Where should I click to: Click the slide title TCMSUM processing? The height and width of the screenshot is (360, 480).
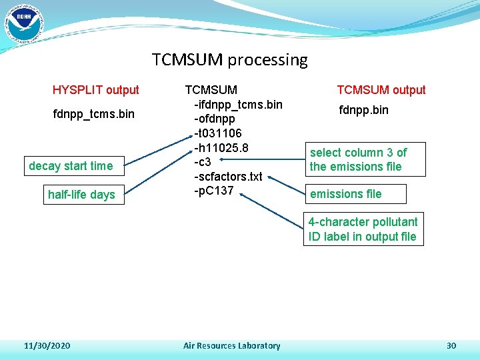pyautogui.click(x=229, y=60)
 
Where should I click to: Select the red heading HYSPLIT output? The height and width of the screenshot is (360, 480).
pyautogui.click(x=96, y=90)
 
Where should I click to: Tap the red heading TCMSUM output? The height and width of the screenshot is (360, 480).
pyautogui.click(x=381, y=90)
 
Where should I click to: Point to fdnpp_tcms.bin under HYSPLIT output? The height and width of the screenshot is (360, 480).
pyautogui.click(x=93, y=115)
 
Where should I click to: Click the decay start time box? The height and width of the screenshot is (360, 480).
pyautogui.click(x=71, y=166)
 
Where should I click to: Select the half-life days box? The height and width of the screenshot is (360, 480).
pyautogui.click(x=82, y=195)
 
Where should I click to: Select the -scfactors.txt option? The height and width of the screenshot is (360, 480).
pyautogui.click(x=228, y=177)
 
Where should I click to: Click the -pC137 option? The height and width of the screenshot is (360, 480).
pyautogui.click(x=214, y=191)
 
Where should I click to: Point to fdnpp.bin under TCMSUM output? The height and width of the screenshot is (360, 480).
pyautogui.click(x=363, y=110)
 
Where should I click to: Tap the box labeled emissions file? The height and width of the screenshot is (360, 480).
pyautogui.click(x=346, y=194)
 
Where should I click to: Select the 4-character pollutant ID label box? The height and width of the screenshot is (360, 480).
pyautogui.click(x=363, y=229)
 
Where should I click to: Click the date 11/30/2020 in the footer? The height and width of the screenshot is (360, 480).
pyautogui.click(x=47, y=345)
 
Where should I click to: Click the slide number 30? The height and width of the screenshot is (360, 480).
pyautogui.click(x=451, y=345)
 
